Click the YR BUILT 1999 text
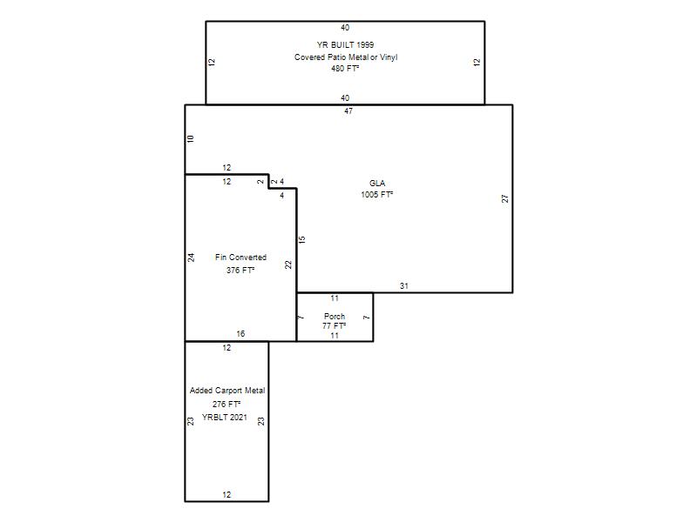point(345,45)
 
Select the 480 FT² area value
point(345,69)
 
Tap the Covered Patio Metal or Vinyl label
point(346,57)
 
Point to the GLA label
point(377,184)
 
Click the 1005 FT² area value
point(377,194)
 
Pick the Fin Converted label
point(240,258)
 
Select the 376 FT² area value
point(240,270)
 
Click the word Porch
point(335,317)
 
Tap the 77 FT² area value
point(335,325)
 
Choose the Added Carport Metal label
point(227,391)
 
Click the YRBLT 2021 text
point(225,418)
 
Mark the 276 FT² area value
point(227,404)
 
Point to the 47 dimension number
point(348,111)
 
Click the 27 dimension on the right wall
point(505,198)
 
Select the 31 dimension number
point(404,286)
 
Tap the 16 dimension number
point(240,334)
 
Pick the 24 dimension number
point(191,258)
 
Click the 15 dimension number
point(301,240)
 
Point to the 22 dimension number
point(288,264)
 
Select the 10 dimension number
point(191,138)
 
